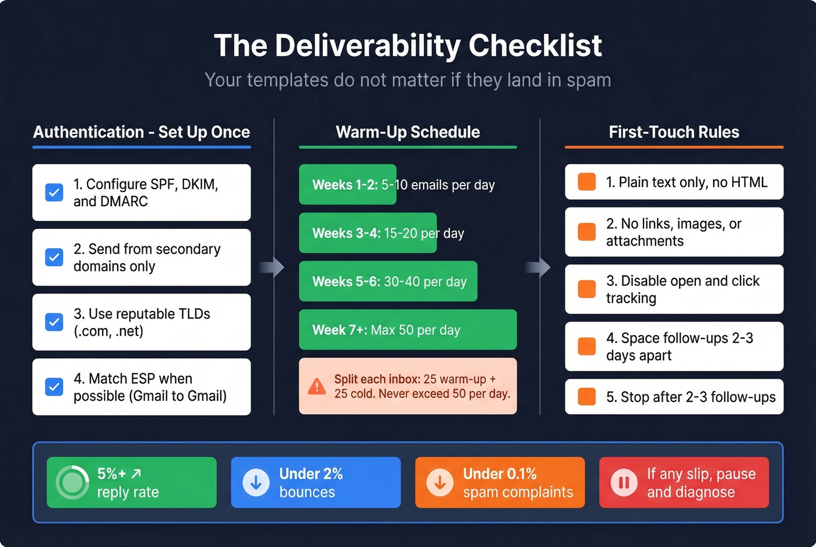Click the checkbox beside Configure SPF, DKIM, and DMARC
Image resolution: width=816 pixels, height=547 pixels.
(54, 192)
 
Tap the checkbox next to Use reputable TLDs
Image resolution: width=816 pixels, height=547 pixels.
(54, 322)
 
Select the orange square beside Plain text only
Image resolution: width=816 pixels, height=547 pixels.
(586, 182)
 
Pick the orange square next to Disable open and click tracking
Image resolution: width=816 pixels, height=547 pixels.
(586, 289)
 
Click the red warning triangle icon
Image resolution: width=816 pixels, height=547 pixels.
(316, 386)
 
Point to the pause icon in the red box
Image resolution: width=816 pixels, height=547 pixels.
(624, 483)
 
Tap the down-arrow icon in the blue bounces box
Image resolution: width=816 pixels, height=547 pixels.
(255, 483)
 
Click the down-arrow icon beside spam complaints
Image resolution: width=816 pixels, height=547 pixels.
(439, 483)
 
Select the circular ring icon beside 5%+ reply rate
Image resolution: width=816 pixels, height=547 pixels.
(72, 482)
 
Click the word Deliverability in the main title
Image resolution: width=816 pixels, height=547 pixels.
(367, 45)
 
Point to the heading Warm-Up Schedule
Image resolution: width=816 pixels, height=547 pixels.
(407, 132)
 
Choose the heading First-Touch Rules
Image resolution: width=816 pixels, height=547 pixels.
(674, 132)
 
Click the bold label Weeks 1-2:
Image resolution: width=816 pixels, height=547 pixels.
(344, 185)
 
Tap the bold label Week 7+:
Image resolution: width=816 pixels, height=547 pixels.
(339, 330)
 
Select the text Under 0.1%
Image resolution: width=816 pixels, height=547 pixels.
(500, 474)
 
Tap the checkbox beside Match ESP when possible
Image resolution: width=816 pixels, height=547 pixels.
(54, 387)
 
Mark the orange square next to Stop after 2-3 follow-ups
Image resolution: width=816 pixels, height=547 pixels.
(586, 397)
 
